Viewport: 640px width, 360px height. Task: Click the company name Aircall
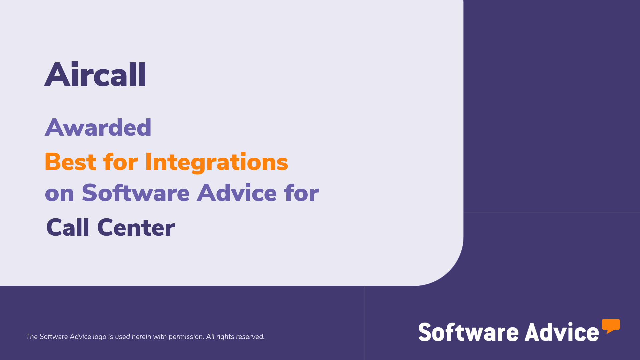[95, 75]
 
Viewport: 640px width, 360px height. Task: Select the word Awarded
[98, 127]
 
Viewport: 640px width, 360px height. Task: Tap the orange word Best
[70, 162]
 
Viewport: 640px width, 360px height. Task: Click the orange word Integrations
[216, 162]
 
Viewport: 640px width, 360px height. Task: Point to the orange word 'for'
[120, 162]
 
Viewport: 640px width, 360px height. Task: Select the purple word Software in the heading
[136, 193]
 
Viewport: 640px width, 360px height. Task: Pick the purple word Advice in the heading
[237, 193]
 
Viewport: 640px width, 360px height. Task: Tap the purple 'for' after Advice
[301, 193]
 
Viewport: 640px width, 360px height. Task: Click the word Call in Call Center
[68, 227]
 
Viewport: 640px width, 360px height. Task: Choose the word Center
[136, 227]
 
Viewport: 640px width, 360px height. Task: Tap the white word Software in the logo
[468, 332]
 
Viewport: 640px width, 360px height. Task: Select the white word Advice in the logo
[562, 332]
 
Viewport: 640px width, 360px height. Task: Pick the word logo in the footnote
[99, 337]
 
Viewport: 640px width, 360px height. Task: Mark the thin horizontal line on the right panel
[552, 212]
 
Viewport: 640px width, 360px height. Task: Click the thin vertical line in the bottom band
[365, 323]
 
